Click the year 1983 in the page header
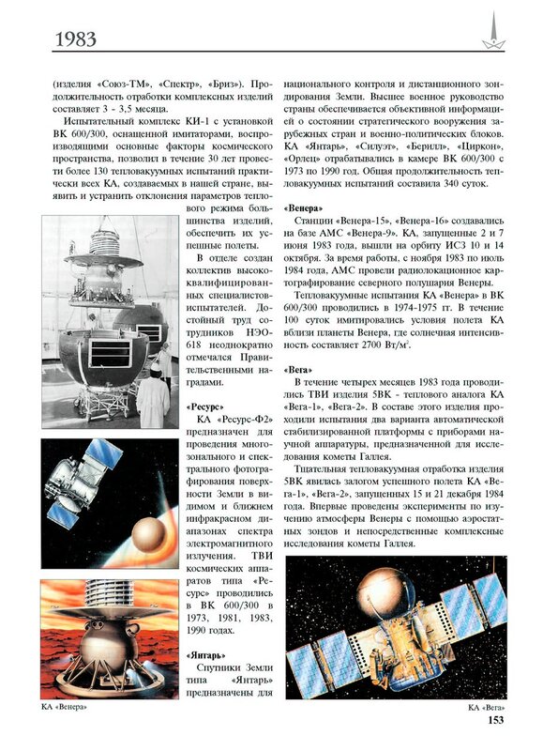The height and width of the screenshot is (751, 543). click(x=76, y=38)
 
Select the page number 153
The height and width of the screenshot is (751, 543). click(x=495, y=719)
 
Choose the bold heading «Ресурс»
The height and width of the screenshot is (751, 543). click(x=204, y=406)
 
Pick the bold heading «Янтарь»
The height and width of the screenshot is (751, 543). click(x=205, y=655)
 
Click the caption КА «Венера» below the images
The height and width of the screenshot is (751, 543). click(x=64, y=707)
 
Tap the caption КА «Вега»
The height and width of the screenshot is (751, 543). click(x=487, y=708)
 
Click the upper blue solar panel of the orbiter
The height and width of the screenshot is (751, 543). click(x=103, y=452)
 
